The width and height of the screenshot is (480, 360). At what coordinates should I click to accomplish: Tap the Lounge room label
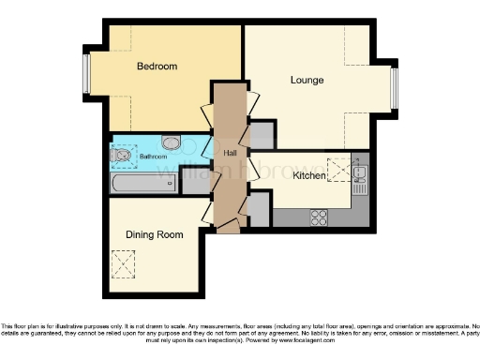[x=306, y=81]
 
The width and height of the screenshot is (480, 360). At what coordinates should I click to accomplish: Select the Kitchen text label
[x=308, y=175]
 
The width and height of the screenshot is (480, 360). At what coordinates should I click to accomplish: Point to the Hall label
[x=230, y=153]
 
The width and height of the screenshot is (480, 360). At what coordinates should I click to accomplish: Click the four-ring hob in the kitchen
[x=319, y=217]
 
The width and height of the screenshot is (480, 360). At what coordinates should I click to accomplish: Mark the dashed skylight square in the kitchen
[x=338, y=169]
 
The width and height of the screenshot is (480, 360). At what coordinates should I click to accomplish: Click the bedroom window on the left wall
[x=86, y=75]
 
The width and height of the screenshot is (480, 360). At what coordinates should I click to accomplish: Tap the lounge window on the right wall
[x=395, y=88]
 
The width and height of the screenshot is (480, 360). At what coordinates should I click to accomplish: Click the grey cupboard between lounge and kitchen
[x=262, y=137]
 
